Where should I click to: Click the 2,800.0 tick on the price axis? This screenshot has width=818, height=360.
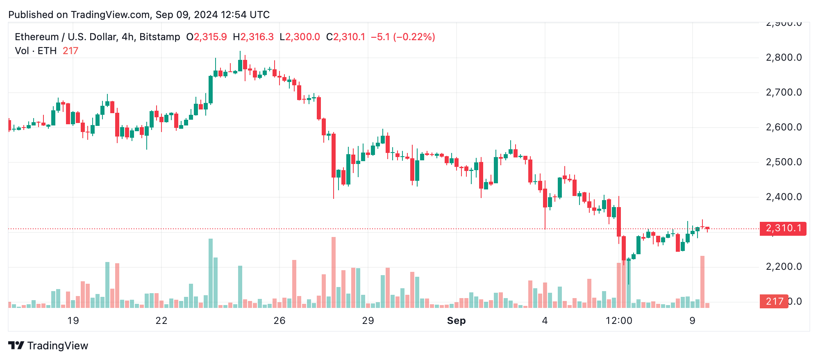pyautogui.click(x=784, y=57)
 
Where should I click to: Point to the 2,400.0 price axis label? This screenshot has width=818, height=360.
pyautogui.click(x=784, y=197)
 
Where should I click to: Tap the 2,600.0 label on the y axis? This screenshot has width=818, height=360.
pyautogui.click(x=784, y=127)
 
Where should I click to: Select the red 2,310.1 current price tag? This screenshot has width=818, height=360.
pyautogui.click(x=783, y=228)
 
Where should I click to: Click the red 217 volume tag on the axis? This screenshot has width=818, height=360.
pyautogui.click(x=774, y=301)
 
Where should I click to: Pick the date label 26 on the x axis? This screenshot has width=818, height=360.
pyautogui.click(x=279, y=321)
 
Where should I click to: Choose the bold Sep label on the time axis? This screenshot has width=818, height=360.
pyautogui.click(x=456, y=321)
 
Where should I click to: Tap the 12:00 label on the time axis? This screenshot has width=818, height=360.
pyautogui.click(x=619, y=321)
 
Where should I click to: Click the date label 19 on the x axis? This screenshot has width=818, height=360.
pyautogui.click(x=73, y=321)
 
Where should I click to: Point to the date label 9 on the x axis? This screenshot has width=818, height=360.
pyautogui.click(x=692, y=321)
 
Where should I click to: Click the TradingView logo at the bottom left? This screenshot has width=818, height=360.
pyautogui.click(x=48, y=346)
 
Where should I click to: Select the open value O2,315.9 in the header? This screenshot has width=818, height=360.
pyautogui.click(x=207, y=37)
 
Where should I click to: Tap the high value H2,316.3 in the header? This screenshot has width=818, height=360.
pyautogui.click(x=253, y=37)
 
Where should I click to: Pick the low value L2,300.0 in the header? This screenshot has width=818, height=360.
pyautogui.click(x=300, y=37)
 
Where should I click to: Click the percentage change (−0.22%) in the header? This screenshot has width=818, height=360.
pyautogui.click(x=414, y=37)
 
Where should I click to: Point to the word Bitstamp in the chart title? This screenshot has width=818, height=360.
pyautogui.click(x=160, y=37)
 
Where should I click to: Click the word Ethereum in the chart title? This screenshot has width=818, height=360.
pyautogui.click(x=37, y=37)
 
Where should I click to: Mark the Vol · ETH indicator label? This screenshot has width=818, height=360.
pyautogui.click(x=36, y=51)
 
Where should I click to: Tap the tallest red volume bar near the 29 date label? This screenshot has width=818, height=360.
pyautogui.click(x=334, y=273)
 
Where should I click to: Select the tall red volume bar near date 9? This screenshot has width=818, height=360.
pyautogui.click(x=702, y=282)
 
